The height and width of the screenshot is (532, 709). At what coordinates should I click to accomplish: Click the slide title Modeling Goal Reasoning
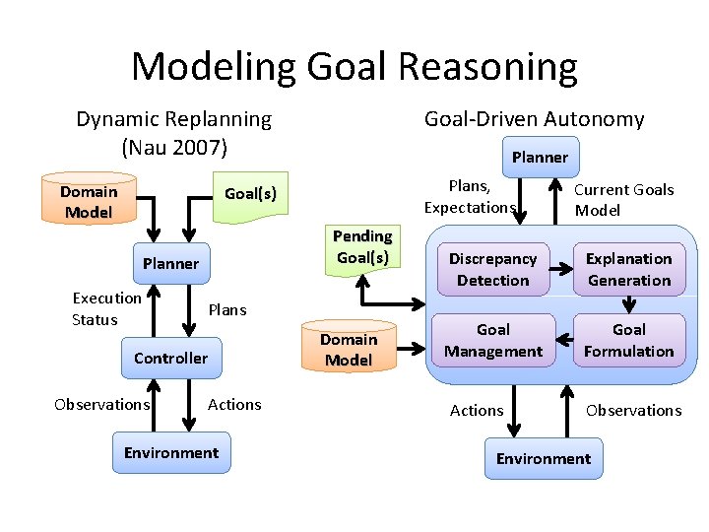[x=354, y=67]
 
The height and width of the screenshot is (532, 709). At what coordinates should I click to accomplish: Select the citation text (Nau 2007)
[x=173, y=148]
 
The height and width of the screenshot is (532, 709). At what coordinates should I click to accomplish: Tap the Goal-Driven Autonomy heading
[x=534, y=119]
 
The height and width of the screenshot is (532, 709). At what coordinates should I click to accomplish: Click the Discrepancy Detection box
[x=492, y=269]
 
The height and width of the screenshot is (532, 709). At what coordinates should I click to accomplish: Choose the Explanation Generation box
[x=628, y=269]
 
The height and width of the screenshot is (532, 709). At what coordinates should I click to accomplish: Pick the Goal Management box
[x=492, y=341]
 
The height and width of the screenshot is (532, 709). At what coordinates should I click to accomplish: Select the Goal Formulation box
[x=628, y=341]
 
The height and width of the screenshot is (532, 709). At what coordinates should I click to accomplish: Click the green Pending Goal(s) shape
[x=362, y=248]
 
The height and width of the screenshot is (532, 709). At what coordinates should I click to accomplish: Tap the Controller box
[x=170, y=358]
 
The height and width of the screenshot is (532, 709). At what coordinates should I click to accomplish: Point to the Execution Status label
[x=106, y=308]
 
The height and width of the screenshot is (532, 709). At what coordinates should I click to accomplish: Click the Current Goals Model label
[x=623, y=199]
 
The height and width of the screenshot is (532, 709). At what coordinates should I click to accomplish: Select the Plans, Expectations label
[x=470, y=196]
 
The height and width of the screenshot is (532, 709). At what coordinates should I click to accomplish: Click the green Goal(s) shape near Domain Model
[x=251, y=195]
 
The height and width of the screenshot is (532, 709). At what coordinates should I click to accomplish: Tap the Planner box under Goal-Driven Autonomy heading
[x=540, y=157]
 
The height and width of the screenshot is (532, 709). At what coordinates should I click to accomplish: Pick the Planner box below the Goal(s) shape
[x=170, y=263]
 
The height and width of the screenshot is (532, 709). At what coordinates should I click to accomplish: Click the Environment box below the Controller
[x=170, y=453]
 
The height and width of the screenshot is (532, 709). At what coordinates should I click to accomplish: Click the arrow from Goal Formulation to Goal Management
[x=561, y=341]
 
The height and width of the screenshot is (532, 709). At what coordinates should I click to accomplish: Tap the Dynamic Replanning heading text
[x=173, y=119]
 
